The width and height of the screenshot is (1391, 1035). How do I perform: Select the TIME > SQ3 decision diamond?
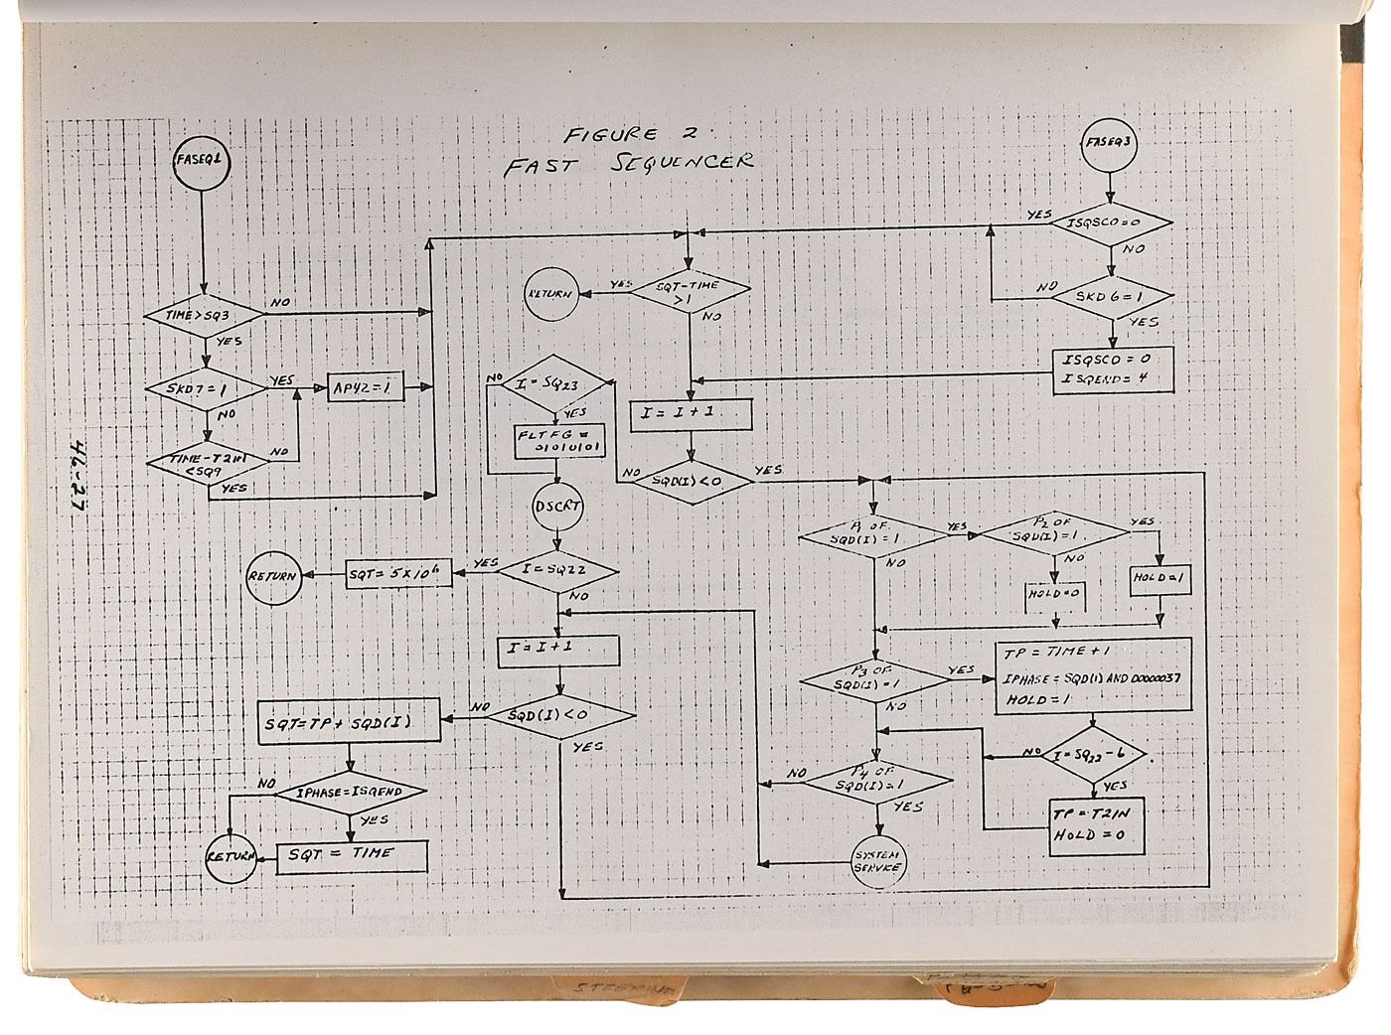coord(204,315)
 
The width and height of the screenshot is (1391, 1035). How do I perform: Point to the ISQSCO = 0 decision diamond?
coord(1112,224)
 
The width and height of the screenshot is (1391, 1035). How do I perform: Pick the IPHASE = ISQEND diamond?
coord(348,793)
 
